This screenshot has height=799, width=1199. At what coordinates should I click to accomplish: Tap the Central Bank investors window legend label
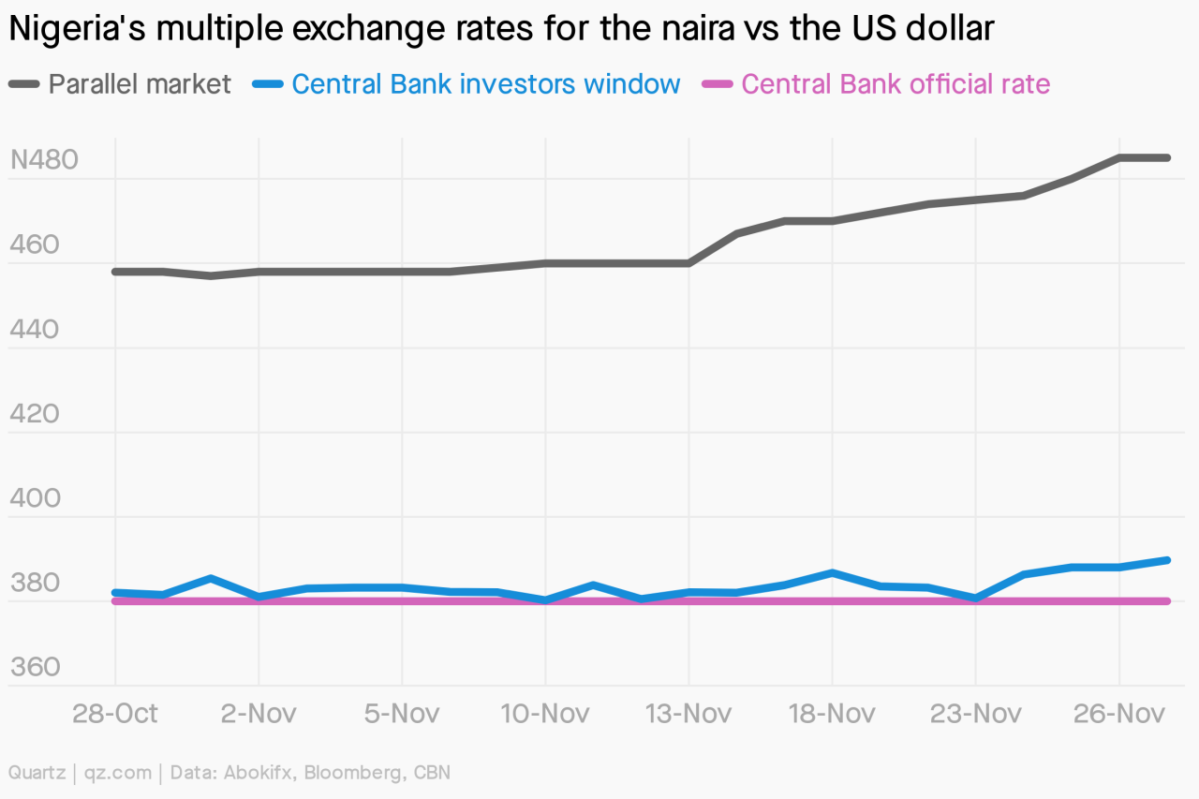point(485,84)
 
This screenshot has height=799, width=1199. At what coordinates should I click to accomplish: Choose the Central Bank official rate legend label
point(896,84)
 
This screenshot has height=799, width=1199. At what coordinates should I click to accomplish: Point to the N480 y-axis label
point(44,160)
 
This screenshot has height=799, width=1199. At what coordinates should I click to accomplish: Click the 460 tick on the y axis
point(35,245)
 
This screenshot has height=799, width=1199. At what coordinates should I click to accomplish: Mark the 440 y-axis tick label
point(35,330)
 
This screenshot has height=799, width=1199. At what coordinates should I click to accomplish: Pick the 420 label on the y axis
point(35,414)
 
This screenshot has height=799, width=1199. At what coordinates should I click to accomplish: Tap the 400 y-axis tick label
point(35,498)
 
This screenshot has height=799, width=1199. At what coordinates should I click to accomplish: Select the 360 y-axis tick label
point(35,667)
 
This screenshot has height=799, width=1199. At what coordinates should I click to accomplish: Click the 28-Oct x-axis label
point(115,714)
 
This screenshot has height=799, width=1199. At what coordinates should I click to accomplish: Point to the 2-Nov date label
point(259,714)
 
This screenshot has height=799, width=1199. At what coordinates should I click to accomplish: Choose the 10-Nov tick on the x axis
point(545,714)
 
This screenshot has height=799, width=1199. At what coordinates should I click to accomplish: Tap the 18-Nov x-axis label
point(832,714)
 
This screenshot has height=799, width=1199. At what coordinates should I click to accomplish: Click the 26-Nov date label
point(1119,714)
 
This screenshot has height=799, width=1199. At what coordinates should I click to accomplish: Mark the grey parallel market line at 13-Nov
point(689,263)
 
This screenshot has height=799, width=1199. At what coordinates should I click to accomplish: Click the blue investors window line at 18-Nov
point(832,572)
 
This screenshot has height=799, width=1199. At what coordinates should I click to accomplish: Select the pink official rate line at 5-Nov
point(402,600)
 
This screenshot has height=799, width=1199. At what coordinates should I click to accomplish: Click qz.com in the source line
point(118,773)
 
